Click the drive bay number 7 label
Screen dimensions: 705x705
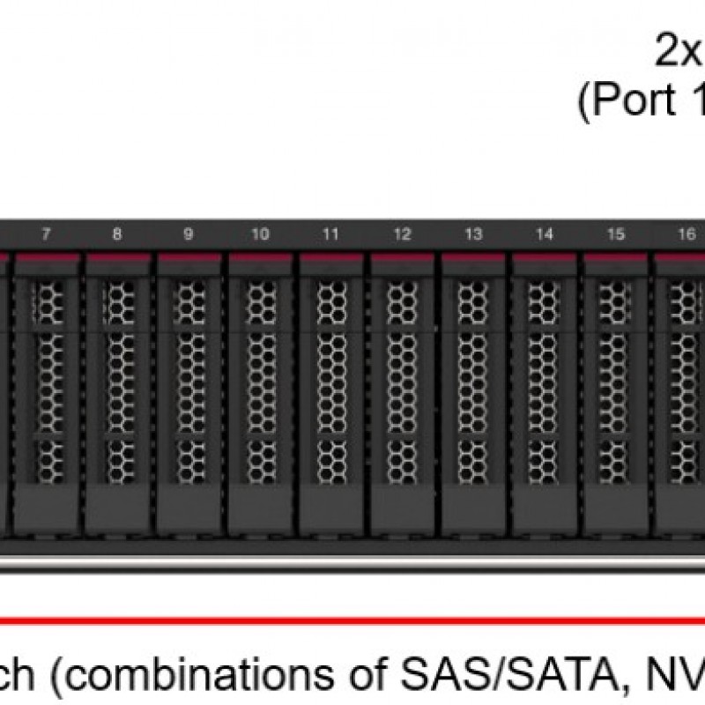(46, 234)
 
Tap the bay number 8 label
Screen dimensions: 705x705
(117, 234)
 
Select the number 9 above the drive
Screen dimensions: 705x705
(189, 234)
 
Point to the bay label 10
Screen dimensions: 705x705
(260, 234)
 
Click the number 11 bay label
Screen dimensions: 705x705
(330, 234)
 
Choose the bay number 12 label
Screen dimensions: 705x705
(402, 234)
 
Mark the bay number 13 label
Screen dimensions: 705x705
(473, 234)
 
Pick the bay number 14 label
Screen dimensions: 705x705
(545, 234)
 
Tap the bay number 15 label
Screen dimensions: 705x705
(616, 234)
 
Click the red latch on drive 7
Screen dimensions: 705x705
(46, 258)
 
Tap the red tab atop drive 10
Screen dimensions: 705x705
(260, 258)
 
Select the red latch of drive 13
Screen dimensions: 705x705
(473, 258)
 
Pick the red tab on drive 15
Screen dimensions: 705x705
(616, 258)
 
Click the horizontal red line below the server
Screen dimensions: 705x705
(352, 620)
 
